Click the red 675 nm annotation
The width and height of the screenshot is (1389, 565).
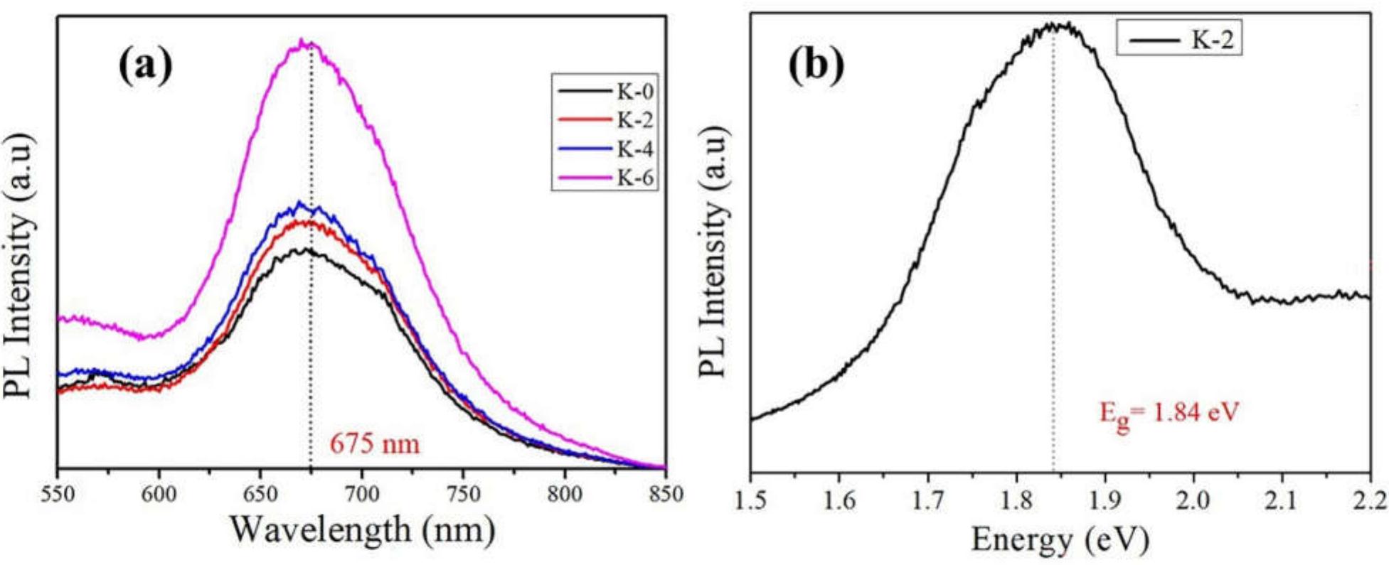pos(375,445)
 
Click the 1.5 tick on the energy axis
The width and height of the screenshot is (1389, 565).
pos(751,501)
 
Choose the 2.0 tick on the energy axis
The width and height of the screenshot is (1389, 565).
pos(1193,501)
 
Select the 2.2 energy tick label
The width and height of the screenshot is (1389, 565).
pos(1369,501)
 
